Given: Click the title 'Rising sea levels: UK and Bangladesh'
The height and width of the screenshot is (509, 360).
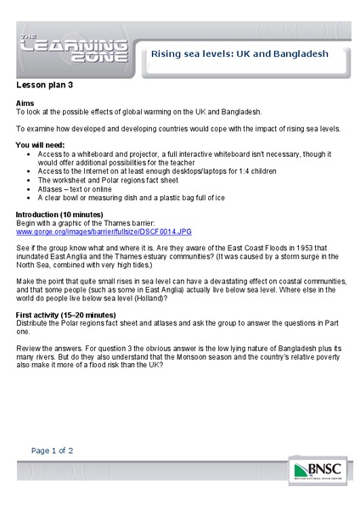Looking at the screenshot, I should coord(239,53).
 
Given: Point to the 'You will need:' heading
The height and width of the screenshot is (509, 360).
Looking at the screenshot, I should coord(43,145).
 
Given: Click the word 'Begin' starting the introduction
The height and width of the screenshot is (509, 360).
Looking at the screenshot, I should coord(28,222).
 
